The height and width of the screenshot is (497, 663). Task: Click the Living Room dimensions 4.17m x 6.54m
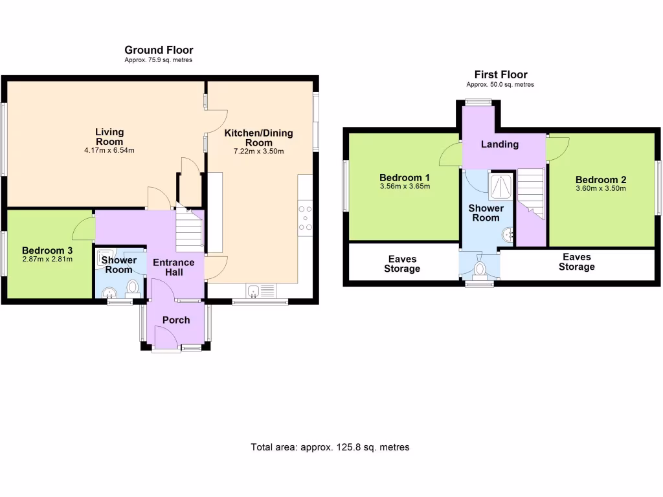pyautogui.click(x=109, y=150)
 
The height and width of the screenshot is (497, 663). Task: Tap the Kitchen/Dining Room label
pyautogui.click(x=258, y=138)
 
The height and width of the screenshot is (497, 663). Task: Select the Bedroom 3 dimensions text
pyautogui.click(x=47, y=260)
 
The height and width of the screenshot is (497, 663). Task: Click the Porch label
pyautogui.click(x=176, y=320)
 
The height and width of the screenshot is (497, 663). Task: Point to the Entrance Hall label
pyautogui.click(x=173, y=267)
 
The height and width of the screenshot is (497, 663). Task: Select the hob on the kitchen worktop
pyautogui.click(x=306, y=217)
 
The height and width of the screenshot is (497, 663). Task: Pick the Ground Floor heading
pyautogui.click(x=159, y=50)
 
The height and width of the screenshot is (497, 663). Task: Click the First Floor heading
pyautogui.click(x=500, y=74)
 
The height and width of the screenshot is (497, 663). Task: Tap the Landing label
pyautogui.click(x=499, y=144)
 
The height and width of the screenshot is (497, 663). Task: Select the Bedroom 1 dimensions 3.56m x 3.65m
pyautogui.click(x=405, y=186)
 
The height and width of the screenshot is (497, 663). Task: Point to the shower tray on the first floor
pyautogui.click(x=500, y=186)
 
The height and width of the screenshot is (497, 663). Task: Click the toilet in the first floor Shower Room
pyautogui.click(x=480, y=268)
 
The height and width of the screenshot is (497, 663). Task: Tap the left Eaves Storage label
pyautogui.click(x=402, y=263)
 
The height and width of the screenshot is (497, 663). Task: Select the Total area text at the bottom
pyautogui.click(x=330, y=447)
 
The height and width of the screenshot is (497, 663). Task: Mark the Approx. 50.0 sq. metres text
pyautogui.click(x=500, y=85)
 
